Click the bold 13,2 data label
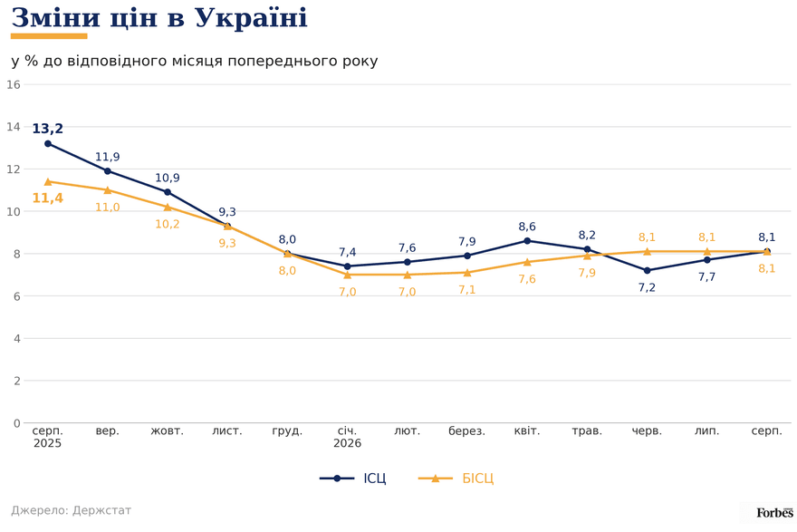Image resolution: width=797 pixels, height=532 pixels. [x=48, y=129]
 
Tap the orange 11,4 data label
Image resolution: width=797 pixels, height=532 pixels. [x=48, y=198]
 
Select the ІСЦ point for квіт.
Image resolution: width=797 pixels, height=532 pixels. [x=527, y=241]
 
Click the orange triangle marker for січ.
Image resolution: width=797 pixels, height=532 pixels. [x=347, y=275]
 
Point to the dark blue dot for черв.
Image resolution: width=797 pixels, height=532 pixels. [x=647, y=271]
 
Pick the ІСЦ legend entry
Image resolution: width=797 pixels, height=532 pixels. [x=353, y=479]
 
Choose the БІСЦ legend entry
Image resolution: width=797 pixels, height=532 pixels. [x=456, y=479]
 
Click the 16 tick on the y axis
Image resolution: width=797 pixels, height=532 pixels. [x=14, y=84]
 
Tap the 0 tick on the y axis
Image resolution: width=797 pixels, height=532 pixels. [x=17, y=423]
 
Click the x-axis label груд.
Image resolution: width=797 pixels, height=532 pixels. [x=287, y=431]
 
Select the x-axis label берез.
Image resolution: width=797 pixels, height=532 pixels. [x=466, y=431]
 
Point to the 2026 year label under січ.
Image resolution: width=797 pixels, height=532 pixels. [x=347, y=443]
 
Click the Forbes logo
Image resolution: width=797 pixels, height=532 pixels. [x=774, y=513]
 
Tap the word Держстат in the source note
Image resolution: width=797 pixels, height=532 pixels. [x=101, y=510]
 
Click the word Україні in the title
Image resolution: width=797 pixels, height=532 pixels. [x=251, y=18]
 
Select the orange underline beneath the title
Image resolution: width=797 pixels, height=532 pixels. [x=49, y=36]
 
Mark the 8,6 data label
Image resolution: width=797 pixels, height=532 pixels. [x=527, y=227]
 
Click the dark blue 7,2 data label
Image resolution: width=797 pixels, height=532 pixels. [x=647, y=288]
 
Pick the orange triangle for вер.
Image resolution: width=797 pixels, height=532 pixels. [x=107, y=190]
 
